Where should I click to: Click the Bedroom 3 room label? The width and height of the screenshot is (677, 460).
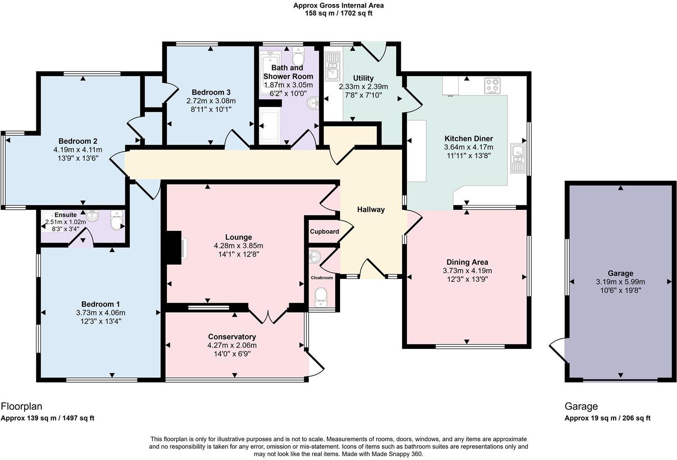point(211,93)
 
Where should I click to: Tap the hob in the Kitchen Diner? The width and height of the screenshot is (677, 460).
point(492,86)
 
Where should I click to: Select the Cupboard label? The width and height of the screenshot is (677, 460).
point(324,232)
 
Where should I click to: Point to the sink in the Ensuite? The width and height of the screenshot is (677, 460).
point(92,216)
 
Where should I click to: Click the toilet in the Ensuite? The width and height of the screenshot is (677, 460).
point(117,220)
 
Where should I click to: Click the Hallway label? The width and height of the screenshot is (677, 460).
point(371,209)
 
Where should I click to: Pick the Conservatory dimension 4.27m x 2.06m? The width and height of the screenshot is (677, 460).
point(232,345)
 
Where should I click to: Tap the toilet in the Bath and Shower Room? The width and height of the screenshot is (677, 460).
point(298,56)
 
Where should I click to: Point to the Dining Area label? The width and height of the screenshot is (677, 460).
point(467,262)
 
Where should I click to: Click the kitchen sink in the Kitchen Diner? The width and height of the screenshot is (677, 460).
point(518,159)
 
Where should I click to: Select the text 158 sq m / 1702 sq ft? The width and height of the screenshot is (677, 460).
point(338,13)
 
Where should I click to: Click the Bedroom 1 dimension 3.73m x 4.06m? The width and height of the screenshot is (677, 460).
point(100,313)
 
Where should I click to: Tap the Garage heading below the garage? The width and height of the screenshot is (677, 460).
point(581,407)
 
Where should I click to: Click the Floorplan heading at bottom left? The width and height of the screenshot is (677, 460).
point(22,407)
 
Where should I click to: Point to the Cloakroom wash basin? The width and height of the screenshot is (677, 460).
point(315,257)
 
